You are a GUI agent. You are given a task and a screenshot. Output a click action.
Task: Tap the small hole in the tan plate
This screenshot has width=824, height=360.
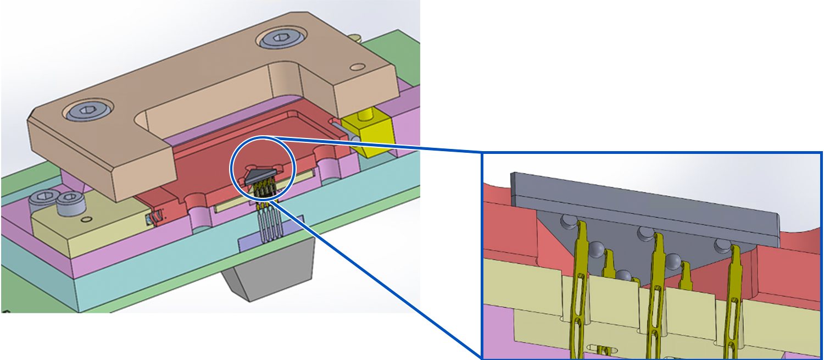coord(358,67)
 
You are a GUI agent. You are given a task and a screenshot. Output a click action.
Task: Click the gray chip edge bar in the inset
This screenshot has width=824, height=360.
coord(645,203)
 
